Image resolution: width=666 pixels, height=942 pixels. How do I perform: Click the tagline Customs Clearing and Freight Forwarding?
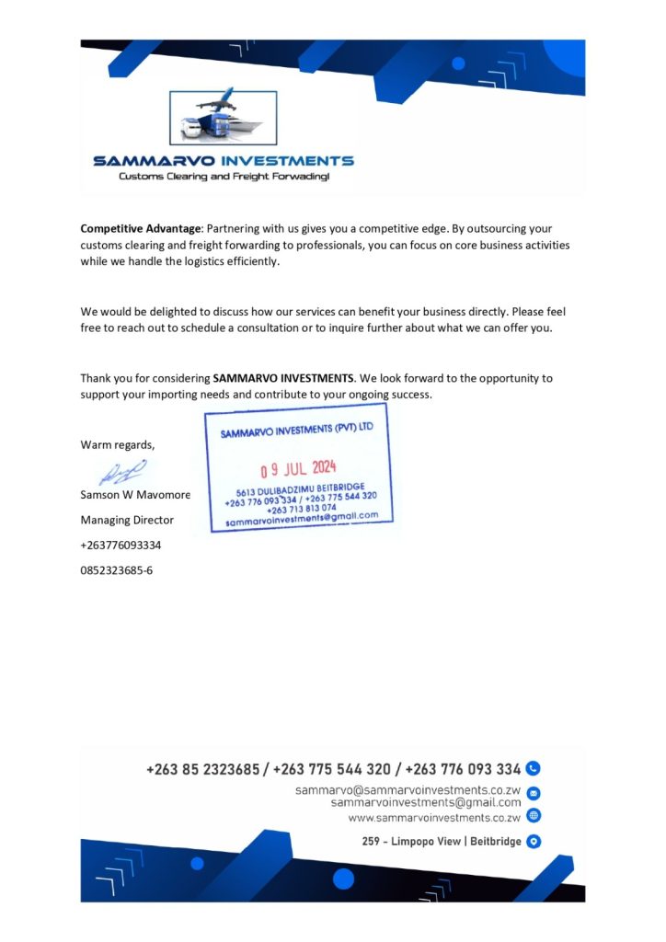(x=224, y=176)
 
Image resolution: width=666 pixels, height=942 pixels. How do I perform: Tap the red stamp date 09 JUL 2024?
(x=299, y=468)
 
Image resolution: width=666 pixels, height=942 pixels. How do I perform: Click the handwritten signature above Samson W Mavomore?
(x=122, y=473)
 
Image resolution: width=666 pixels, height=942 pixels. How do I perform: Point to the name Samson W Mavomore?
(x=135, y=495)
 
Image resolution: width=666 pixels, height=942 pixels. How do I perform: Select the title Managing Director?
(x=127, y=520)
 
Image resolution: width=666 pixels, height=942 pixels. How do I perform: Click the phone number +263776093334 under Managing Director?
(x=121, y=545)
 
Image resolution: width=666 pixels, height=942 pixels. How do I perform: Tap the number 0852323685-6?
(x=117, y=569)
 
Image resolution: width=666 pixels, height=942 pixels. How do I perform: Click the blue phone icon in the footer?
(x=534, y=769)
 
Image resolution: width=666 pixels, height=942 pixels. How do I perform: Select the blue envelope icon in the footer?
(x=534, y=793)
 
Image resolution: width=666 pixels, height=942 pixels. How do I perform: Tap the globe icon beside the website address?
(x=534, y=816)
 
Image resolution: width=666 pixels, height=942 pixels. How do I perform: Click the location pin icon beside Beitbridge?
(x=534, y=841)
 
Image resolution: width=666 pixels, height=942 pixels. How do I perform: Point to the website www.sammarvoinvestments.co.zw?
(x=434, y=817)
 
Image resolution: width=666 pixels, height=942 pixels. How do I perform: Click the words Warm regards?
(x=118, y=445)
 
